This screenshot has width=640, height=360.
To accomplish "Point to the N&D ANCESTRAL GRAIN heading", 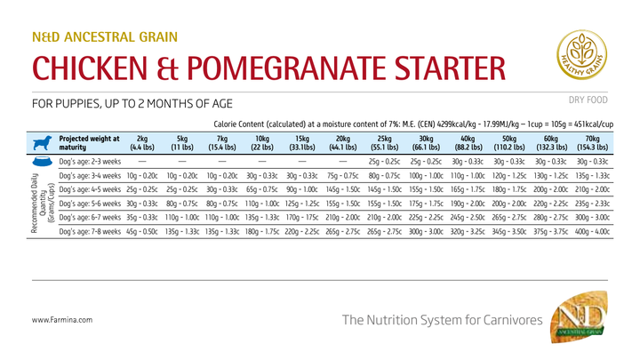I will [104, 37].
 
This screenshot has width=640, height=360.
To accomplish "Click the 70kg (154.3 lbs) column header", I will [591, 143].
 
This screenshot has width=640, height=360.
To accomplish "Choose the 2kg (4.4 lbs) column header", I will [142, 143].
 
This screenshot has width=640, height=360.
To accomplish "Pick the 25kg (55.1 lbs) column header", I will [386, 143].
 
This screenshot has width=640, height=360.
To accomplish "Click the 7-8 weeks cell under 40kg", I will [468, 231].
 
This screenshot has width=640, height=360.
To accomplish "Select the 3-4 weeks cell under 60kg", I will [550, 176].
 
